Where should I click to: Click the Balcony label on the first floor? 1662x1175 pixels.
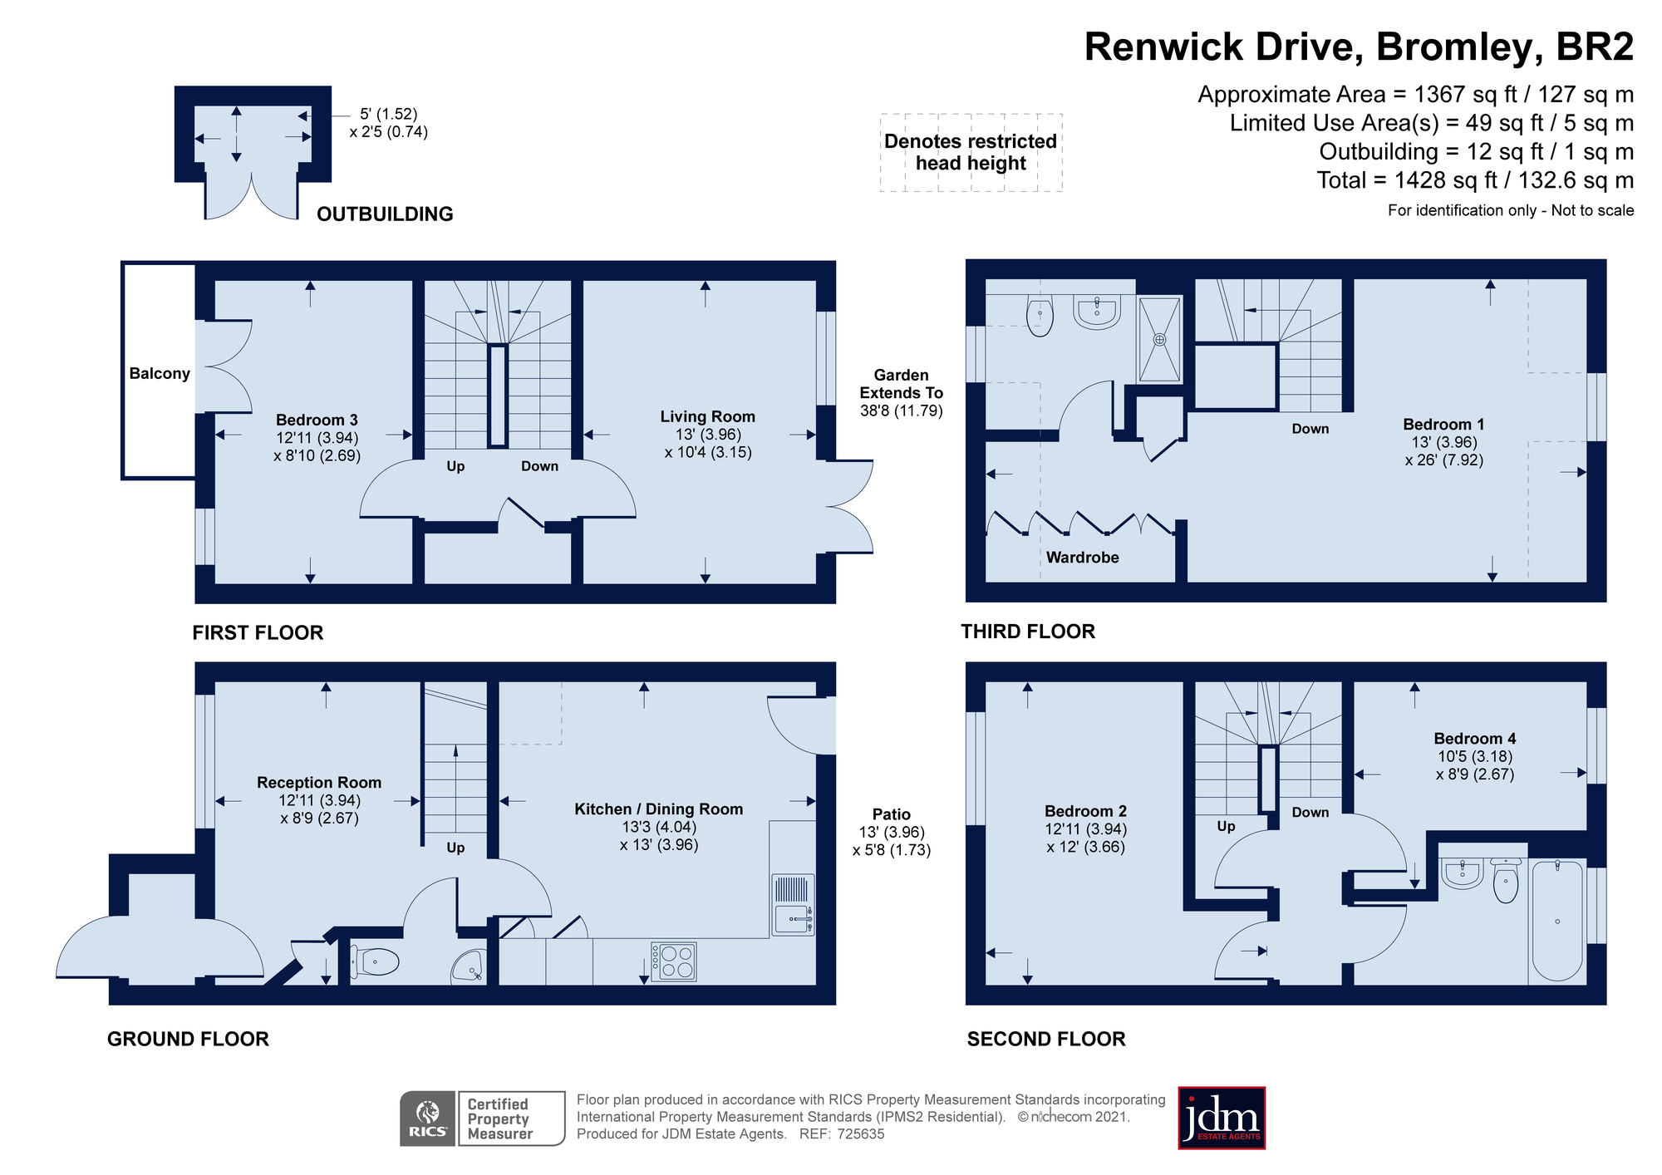[x=160, y=374]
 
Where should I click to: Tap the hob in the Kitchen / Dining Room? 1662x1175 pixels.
[x=673, y=962]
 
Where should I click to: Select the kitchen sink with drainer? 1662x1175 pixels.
[x=793, y=905]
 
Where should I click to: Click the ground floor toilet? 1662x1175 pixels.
[x=375, y=962]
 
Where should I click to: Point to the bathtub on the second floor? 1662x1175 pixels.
[x=1557, y=922]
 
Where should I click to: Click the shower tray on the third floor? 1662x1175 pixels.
[x=1159, y=339]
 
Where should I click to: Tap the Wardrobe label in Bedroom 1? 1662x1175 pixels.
[x=1082, y=558]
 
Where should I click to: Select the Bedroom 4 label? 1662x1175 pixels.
[x=1475, y=739]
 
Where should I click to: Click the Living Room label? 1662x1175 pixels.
[x=708, y=417]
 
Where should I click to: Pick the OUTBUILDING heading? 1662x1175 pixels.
[x=385, y=214]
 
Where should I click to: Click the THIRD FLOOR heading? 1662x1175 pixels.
[x=1028, y=632]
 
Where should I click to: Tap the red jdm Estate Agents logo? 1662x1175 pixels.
[x=1222, y=1118]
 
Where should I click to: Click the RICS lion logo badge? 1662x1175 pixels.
[x=428, y=1118]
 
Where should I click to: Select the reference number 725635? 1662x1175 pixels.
[x=861, y=1134]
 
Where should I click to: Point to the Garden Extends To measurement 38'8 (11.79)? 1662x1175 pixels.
[x=902, y=411]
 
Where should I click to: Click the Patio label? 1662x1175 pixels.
[x=892, y=814]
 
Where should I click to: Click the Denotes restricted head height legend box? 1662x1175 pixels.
[x=971, y=153]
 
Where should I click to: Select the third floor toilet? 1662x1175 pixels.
[x=1040, y=316]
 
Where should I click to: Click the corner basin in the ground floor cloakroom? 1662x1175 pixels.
[x=468, y=967]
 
